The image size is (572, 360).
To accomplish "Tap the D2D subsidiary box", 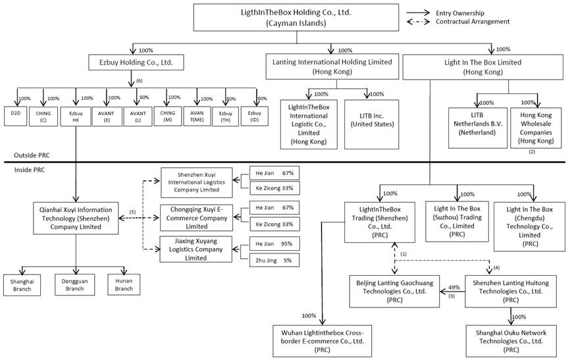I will tap(16, 116).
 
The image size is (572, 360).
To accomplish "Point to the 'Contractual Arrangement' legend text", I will tap(473, 22).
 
